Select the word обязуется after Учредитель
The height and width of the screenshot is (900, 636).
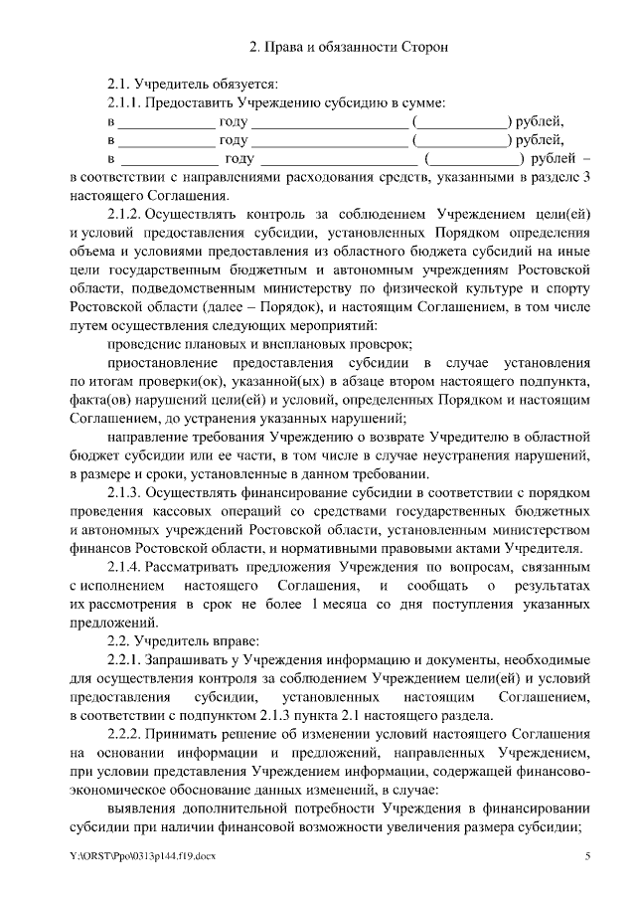[x=243, y=84]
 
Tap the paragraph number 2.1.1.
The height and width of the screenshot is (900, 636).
[x=126, y=102]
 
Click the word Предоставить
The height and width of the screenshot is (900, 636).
[x=192, y=102]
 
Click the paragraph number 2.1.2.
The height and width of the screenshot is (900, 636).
[x=126, y=215]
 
